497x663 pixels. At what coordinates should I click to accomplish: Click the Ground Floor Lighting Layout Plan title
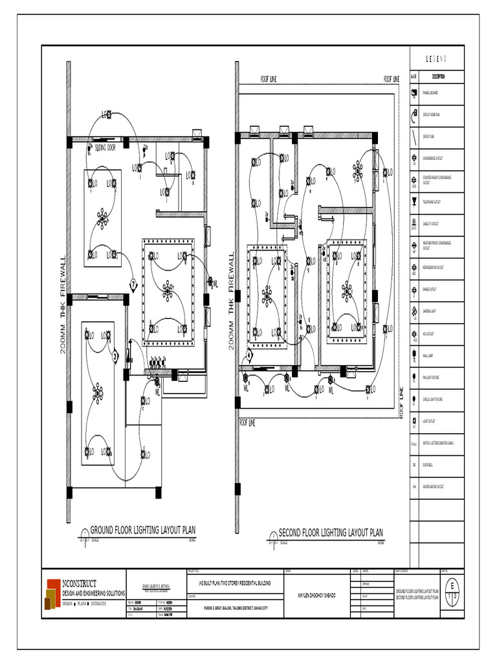pos(142,530)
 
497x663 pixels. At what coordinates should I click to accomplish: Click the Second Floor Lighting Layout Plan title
pos(330,533)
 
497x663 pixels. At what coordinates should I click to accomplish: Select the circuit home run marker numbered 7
pos(133,284)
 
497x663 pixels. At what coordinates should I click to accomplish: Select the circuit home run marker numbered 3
pos(115,355)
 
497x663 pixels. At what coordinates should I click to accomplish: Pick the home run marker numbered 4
pos(248,354)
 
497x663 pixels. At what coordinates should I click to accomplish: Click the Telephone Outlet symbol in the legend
pos(414,202)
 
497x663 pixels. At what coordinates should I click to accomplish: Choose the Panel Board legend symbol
pos(414,93)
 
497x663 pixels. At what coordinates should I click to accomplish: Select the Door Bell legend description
pos(428,465)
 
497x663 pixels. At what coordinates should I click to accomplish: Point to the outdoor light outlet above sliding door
pos(107,116)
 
